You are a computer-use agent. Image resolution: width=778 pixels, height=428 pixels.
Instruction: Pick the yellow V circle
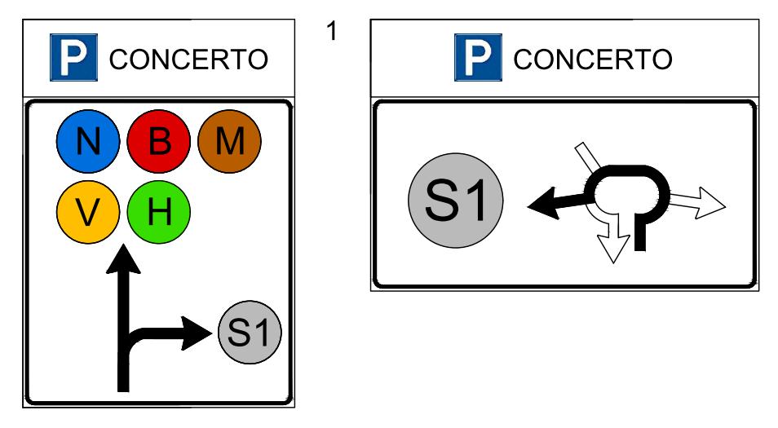[x=87, y=214]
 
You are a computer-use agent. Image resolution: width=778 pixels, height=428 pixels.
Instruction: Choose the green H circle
[x=158, y=214]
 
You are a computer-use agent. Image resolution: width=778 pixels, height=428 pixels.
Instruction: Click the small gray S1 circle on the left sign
[x=250, y=332]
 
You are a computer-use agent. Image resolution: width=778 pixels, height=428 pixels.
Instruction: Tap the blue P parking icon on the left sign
[x=70, y=60]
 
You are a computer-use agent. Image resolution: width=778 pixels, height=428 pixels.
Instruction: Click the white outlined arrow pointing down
[x=613, y=245]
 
